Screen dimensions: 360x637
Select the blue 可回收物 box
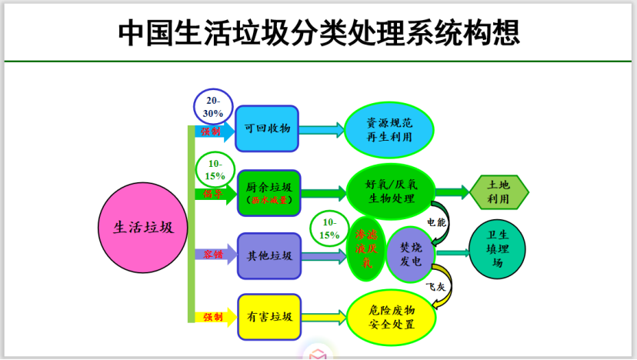click(x=267, y=128)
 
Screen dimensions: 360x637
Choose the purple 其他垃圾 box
click(x=268, y=255)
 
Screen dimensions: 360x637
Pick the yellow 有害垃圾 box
click(x=268, y=316)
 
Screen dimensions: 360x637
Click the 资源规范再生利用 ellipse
click(x=389, y=129)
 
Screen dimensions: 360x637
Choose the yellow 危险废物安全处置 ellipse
click(x=392, y=316)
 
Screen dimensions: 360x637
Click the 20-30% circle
click(x=213, y=107)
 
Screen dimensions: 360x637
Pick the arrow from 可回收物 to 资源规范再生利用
click(x=321, y=129)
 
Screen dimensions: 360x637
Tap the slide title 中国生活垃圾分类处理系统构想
click(x=318, y=32)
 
